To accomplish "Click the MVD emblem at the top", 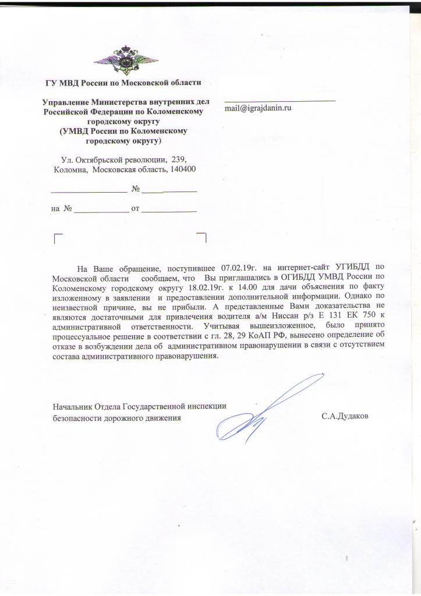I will click(124, 59).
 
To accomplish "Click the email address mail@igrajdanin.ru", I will click(258, 108).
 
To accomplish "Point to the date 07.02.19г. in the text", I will click(239, 268).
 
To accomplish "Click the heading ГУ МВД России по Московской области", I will click(123, 82).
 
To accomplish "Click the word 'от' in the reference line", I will click(136, 208).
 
